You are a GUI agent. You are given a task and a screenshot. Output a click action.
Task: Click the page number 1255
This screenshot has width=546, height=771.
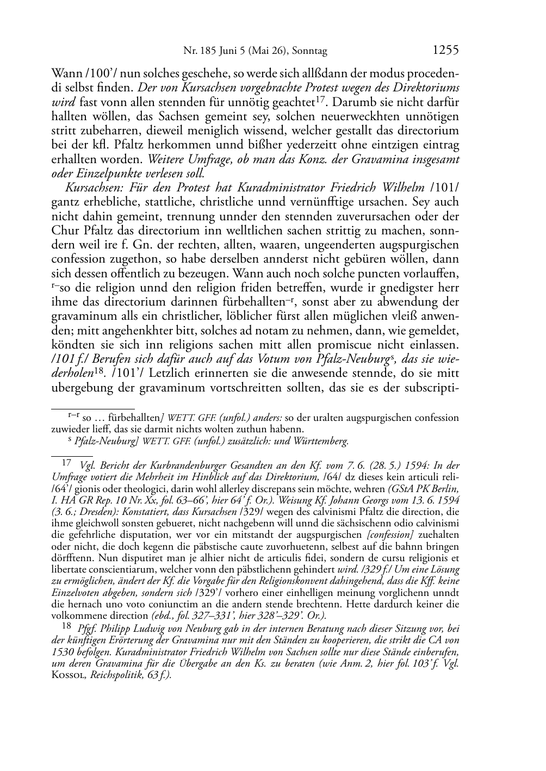(446, 51)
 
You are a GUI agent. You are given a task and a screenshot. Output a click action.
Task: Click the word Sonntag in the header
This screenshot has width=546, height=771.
(309, 52)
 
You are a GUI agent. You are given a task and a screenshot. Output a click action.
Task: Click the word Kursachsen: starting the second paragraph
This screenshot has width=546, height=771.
(89, 188)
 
